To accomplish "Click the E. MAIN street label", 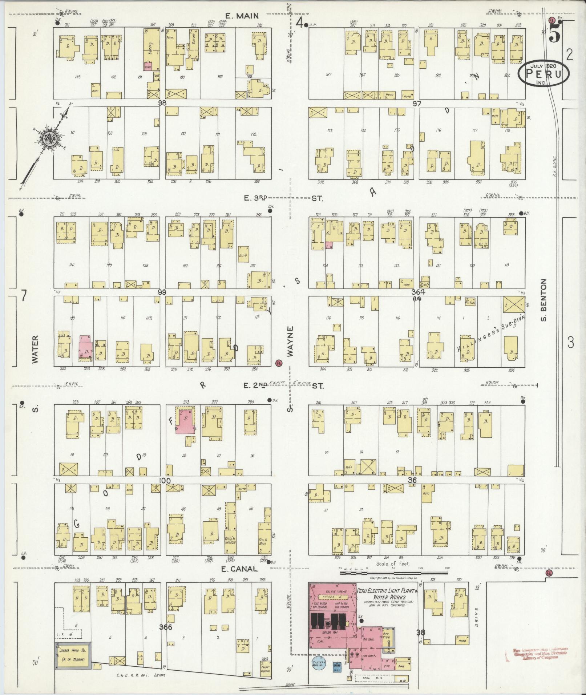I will click(x=241, y=16).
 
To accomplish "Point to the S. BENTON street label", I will click(x=544, y=300).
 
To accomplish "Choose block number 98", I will click(x=162, y=103).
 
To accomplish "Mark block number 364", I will click(x=418, y=292).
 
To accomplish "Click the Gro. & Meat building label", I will click(x=263, y=551).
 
